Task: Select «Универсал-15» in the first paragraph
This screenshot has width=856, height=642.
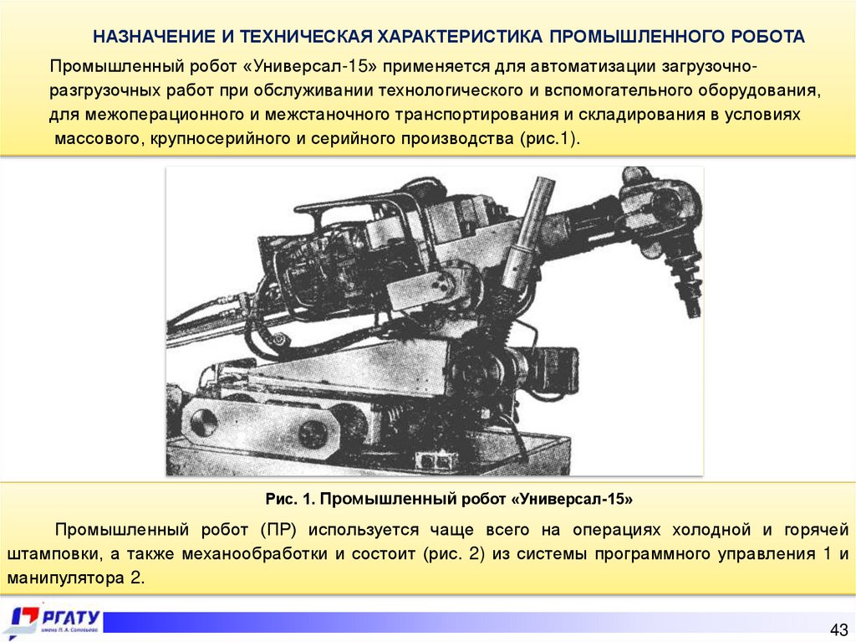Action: click(x=309, y=67)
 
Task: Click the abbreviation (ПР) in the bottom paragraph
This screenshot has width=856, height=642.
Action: click(x=278, y=530)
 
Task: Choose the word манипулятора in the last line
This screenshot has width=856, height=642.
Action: click(x=66, y=578)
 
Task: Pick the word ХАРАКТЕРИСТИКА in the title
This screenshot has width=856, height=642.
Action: click(x=461, y=37)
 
